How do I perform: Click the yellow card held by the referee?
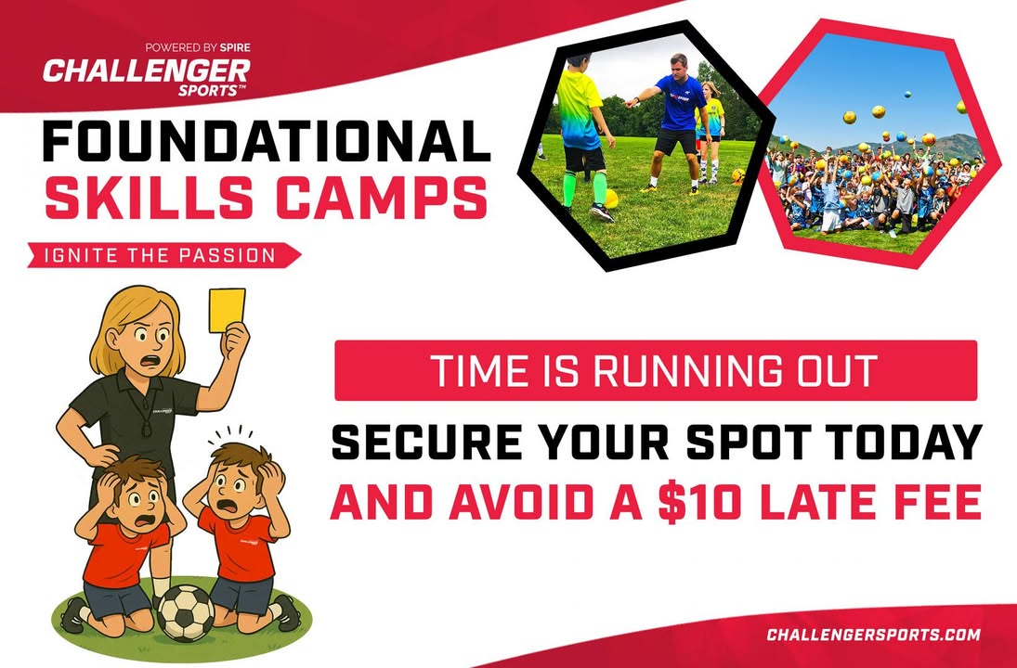227,310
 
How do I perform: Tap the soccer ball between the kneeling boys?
186,613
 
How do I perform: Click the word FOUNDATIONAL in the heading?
266,141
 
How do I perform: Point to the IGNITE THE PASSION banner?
163,255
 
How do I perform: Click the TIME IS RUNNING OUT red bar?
656,370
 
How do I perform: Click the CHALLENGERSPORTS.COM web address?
873,635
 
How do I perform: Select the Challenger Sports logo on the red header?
147,77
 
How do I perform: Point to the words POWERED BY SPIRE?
198,47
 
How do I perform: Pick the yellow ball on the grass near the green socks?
610,199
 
